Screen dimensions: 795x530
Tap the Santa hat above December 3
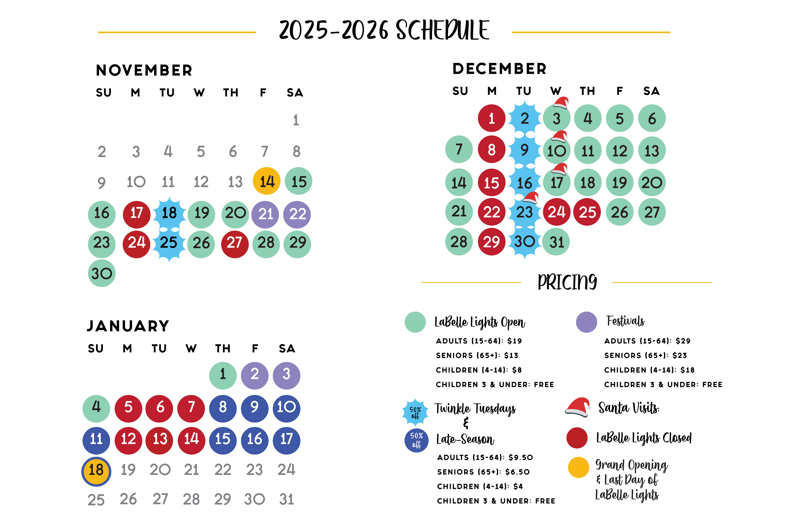pyautogui.click(x=561, y=102)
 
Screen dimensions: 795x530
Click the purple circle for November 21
pyautogui.click(x=265, y=214)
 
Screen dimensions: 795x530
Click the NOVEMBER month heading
pyautogui.click(x=144, y=70)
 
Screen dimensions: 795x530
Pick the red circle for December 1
pyautogui.click(x=492, y=118)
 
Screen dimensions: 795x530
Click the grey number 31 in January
pyautogui.click(x=286, y=499)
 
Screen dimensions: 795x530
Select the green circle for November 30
pyautogui.click(x=102, y=273)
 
